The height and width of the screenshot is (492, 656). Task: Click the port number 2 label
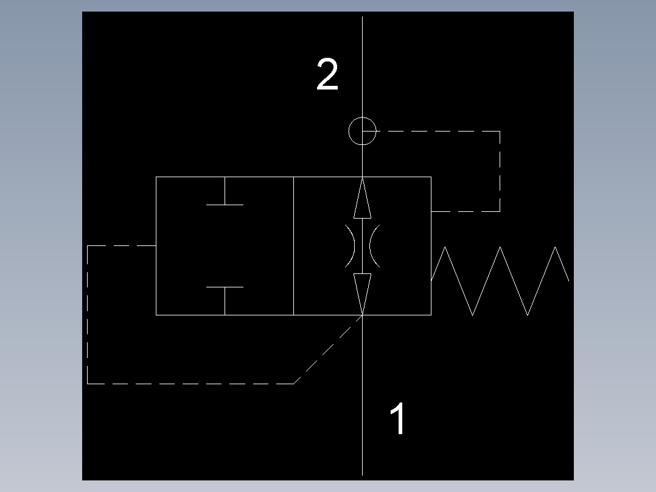pos(327,74)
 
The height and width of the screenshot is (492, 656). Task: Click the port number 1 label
pos(397,418)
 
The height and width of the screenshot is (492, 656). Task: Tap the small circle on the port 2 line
pos(362,118)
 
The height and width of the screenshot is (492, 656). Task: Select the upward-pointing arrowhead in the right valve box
pos(362,198)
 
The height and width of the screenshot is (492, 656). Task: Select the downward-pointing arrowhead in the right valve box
pos(362,294)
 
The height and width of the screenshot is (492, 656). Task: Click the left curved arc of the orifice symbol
pos(354,246)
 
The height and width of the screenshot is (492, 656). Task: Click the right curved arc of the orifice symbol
pos(371,246)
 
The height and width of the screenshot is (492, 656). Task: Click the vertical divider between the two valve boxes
pos(294,246)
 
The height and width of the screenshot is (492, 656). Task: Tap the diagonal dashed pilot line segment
pos(328,350)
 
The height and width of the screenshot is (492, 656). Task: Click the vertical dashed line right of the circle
pos(500,171)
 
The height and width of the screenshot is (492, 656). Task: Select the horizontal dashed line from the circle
pos(431,131)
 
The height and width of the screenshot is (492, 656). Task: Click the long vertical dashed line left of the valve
pos(88,314)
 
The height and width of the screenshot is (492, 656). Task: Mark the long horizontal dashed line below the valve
pos(190,383)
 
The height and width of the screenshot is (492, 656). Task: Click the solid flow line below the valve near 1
pos(362,395)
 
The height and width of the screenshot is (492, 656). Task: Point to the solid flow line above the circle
pos(362,66)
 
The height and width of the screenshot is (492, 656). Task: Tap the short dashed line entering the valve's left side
pos(122,246)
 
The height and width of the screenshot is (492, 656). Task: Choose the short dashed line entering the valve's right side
pos(466,211)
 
